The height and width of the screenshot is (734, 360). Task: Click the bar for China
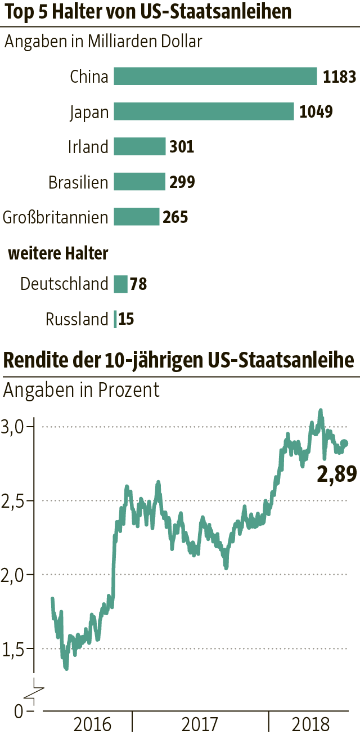point(215,77)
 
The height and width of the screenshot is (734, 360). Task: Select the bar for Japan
point(204,111)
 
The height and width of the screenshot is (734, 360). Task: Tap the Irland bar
point(139,147)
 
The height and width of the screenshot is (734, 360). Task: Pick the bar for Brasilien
point(139,182)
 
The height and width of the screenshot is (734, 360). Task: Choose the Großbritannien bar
point(137,217)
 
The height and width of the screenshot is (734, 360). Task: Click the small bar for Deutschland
point(121,284)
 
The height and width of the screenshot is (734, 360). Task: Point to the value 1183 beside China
point(339,77)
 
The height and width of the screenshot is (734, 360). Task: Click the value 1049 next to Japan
point(316,111)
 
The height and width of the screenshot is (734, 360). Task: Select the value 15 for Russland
point(127,320)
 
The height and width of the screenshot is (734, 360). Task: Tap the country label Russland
point(76,320)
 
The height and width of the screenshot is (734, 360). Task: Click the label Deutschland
point(64,284)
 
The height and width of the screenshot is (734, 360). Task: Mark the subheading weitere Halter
point(58,254)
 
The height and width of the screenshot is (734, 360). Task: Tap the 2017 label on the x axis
point(201,723)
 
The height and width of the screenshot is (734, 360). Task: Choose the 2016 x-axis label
point(93,723)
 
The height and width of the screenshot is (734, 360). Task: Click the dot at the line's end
point(344,444)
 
